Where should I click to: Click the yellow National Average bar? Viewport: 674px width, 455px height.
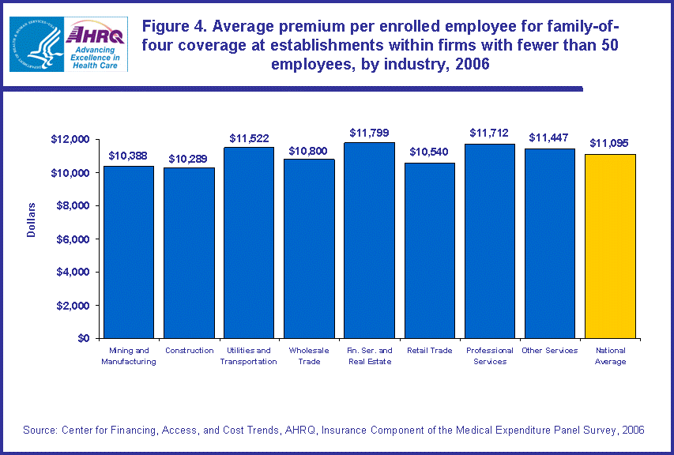point(610,246)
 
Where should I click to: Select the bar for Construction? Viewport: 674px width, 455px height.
point(189,252)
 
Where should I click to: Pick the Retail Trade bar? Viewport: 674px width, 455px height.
point(429,250)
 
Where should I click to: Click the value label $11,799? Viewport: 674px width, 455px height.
point(369,133)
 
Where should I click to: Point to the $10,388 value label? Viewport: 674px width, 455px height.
point(128,156)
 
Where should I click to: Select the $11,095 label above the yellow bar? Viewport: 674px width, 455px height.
point(610,143)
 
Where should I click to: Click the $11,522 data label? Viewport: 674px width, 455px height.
point(249,137)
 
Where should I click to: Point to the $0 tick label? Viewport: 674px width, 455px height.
point(81,338)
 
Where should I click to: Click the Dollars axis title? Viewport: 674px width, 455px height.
point(32,219)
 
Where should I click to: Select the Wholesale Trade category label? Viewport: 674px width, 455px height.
point(309,355)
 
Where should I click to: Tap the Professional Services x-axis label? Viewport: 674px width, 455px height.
point(490,355)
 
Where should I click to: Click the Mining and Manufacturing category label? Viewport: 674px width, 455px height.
point(129,355)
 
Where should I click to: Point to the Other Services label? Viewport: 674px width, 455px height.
point(550,350)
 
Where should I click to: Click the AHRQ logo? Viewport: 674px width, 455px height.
point(94,43)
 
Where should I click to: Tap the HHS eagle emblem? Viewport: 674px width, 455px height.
point(36,44)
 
